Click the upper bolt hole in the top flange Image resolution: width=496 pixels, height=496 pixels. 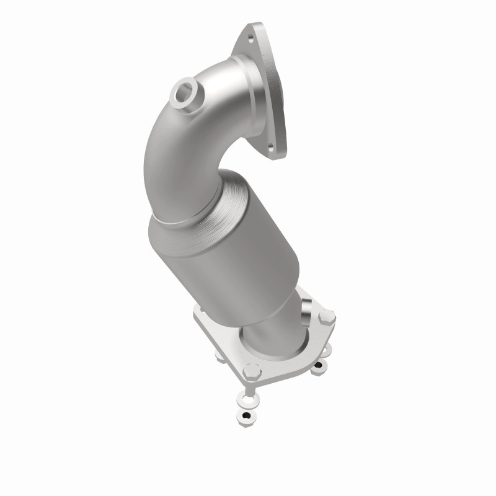click(250, 37)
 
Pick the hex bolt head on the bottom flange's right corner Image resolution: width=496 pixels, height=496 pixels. click(326, 316)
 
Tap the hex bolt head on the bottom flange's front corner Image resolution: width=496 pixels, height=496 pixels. click(252, 371)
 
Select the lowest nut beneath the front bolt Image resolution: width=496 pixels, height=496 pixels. click(247, 415)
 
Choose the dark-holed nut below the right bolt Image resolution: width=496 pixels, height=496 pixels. click(318, 370)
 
